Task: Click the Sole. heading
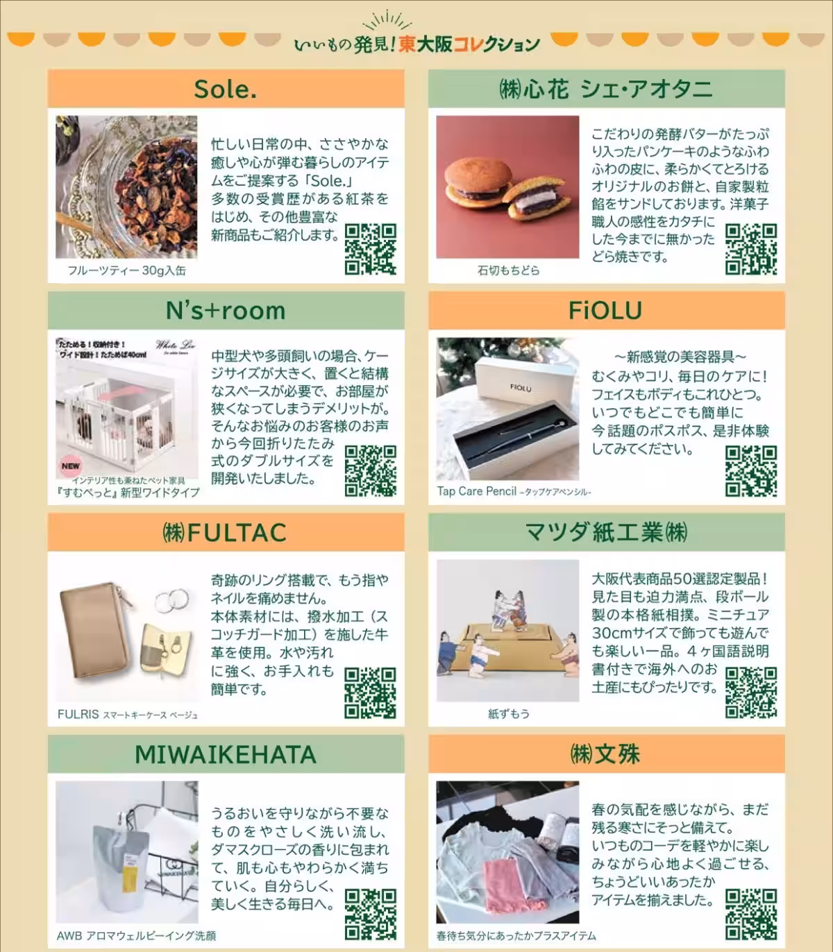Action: [x=226, y=89]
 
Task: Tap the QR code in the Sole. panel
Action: [x=371, y=248]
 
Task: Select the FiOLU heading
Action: [x=605, y=311]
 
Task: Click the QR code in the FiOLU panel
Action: [x=751, y=470]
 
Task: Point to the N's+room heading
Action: [x=226, y=311]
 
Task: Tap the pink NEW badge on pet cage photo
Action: [x=70, y=466]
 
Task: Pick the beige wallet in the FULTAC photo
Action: [x=94, y=630]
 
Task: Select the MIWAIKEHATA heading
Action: [x=226, y=755]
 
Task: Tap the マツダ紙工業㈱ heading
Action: [x=606, y=533]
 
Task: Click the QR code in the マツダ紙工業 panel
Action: [x=751, y=692]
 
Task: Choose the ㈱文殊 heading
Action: [x=605, y=755]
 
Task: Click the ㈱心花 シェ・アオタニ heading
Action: [x=605, y=89]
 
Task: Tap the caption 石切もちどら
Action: [x=508, y=271]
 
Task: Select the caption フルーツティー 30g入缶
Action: [x=126, y=271]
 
